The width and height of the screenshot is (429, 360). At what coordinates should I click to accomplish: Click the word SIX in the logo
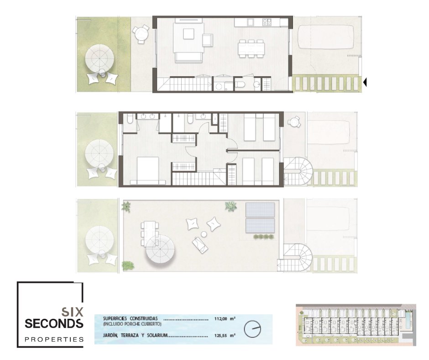72,312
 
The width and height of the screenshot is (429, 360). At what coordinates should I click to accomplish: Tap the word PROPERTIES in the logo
54,339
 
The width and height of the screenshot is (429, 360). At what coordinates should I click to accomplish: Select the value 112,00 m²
225,318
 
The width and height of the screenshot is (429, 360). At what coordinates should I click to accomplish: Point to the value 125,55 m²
225,335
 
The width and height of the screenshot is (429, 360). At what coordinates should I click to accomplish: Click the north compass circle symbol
252,329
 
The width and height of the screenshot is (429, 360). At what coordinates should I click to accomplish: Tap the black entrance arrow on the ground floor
365,82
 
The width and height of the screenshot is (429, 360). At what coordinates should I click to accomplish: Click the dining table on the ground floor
251,49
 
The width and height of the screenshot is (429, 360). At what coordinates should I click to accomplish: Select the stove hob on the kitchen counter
267,22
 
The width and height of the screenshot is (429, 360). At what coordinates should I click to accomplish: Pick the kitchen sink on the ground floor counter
251,21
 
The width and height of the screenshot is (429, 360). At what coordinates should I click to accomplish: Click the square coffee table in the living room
188,34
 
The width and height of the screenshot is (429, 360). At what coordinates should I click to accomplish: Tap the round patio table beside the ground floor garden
141,34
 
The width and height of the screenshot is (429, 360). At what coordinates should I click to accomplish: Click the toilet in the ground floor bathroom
240,85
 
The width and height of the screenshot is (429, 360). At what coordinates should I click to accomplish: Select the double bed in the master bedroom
148,170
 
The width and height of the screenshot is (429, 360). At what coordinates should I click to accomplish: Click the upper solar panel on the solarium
260,210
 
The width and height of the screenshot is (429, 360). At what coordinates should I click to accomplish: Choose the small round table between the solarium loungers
204,234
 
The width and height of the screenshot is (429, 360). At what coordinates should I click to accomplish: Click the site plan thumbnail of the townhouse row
356,325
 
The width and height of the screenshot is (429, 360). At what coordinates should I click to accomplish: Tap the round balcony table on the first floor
294,122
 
